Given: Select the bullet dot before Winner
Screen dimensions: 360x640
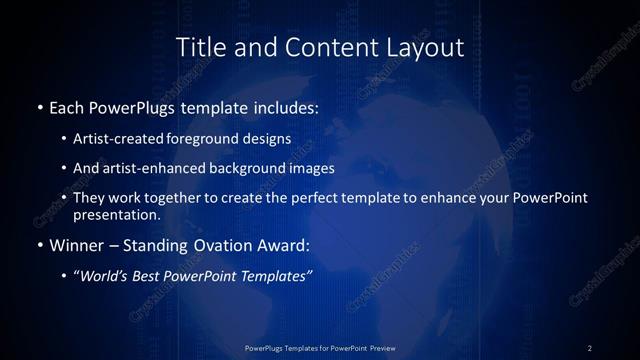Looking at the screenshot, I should pyautogui.click(x=39, y=245).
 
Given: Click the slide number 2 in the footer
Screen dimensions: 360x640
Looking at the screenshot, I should pyautogui.click(x=590, y=348).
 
